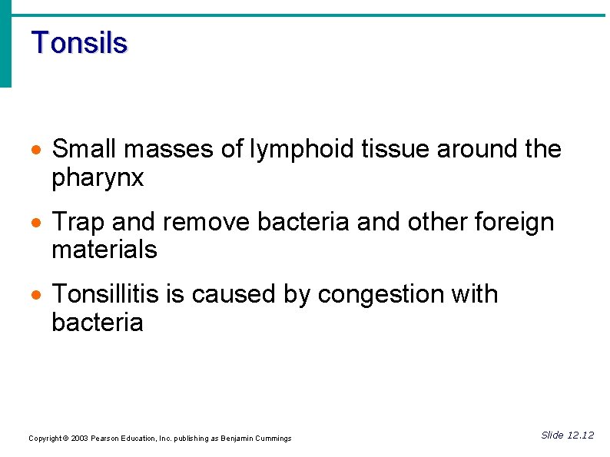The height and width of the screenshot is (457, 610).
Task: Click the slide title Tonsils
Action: click(79, 43)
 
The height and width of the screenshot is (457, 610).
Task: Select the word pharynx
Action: click(98, 179)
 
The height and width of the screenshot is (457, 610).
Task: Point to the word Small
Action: click(82, 150)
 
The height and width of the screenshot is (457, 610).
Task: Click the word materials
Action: click(104, 250)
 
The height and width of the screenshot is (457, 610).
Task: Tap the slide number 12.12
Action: click(579, 435)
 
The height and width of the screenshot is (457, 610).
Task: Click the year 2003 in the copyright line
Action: click(78, 439)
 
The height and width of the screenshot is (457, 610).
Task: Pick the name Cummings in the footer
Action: click(270, 439)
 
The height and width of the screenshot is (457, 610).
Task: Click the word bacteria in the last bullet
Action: click(97, 323)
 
